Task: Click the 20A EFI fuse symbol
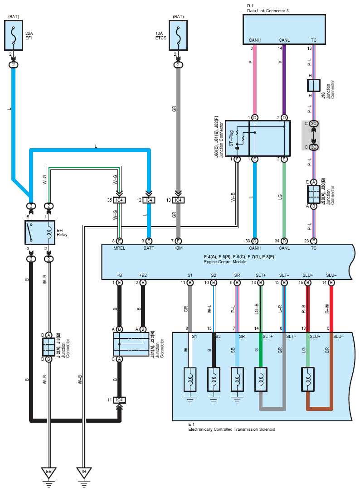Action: (x=14, y=35)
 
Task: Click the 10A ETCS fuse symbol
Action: (x=178, y=35)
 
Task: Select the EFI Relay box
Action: (x=40, y=232)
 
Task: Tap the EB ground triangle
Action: (x=49, y=473)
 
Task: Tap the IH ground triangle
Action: (x=84, y=473)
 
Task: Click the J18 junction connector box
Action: (x=313, y=85)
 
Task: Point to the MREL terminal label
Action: (x=119, y=248)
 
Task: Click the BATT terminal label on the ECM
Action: (x=149, y=248)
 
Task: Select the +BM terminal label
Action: (x=178, y=248)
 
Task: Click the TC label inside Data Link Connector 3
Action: (x=313, y=40)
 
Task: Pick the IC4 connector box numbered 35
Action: (x=119, y=200)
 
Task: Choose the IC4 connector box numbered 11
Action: (x=119, y=400)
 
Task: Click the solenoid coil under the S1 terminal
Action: (x=190, y=379)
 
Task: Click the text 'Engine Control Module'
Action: (x=225, y=262)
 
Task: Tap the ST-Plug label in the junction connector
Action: (x=232, y=138)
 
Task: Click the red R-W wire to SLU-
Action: (x=331, y=308)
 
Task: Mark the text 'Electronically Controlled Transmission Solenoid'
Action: (x=232, y=429)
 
